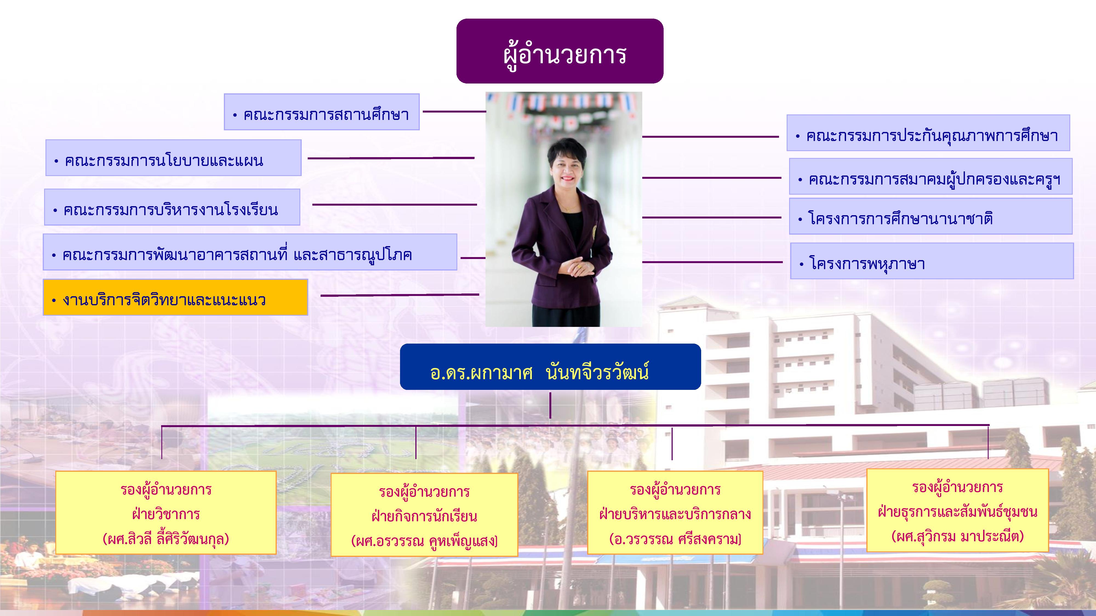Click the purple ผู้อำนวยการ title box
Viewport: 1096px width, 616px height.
tap(560, 51)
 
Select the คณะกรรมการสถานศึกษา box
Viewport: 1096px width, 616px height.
tap(322, 112)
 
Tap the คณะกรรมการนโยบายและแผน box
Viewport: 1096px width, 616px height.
tap(174, 158)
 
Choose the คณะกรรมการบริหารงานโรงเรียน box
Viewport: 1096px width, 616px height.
tap(172, 207)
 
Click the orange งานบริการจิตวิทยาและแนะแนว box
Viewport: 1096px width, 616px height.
tap(175, 297)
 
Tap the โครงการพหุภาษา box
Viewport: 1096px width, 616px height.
tap(932, 261)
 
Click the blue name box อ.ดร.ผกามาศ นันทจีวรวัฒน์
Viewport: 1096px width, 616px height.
tap(550, 367)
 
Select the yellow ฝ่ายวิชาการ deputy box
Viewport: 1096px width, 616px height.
tap(166, 513)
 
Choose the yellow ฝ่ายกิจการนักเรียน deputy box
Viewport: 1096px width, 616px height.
tap(424, 515)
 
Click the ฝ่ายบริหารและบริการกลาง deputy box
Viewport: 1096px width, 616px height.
tap(675, 513)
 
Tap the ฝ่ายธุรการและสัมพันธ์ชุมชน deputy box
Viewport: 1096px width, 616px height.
tap(958, 511)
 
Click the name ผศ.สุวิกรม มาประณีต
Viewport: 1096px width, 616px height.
tap(958, 536)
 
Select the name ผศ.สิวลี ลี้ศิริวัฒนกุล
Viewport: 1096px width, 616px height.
tap(166, 539)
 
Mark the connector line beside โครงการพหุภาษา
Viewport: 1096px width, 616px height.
tap(712, 262)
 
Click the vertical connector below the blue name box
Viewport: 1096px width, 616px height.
tap(550, 405)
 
